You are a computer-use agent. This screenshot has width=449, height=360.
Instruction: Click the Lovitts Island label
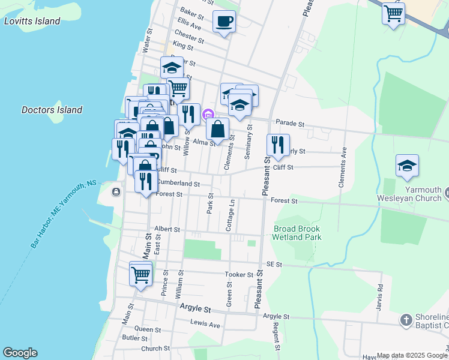32,21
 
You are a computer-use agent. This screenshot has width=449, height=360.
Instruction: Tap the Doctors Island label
52,110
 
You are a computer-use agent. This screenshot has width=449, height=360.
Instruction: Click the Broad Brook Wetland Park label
297,233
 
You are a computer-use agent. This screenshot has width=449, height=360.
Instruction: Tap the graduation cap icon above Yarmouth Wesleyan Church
407,166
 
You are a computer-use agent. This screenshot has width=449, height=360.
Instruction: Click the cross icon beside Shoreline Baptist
406,319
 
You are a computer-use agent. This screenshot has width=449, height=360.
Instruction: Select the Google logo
20,353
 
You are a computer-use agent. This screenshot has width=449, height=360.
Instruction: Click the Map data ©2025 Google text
412,355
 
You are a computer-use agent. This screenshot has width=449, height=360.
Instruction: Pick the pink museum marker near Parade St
208,114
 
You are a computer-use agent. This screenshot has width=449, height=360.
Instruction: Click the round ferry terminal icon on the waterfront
115,191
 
